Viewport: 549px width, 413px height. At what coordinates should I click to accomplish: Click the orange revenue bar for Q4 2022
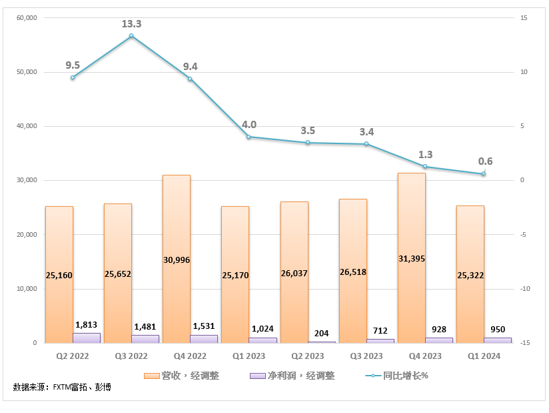click(x=177, y=259)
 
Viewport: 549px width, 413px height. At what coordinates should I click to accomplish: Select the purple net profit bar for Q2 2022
click(x=87, y=338)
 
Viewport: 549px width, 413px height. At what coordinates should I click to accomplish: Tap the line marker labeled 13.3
click(x=131, y=35)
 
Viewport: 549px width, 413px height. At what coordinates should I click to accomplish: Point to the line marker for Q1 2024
click(x=484, y=173)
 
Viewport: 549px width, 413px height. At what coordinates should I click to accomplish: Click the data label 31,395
click(x=412, y=259)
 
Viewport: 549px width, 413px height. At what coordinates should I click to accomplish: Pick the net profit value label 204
click(x=321, y=333)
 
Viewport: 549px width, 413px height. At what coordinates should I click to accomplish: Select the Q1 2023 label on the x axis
click(x=249, y=356)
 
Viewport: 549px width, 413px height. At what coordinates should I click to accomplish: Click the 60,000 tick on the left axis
click(x=27, y=18)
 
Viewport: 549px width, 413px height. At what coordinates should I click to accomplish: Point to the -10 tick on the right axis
click(x=525, y=289)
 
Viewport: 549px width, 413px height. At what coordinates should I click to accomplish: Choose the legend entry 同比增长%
click(x=396, y=376)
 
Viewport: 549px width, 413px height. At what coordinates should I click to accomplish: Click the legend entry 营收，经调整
click(x=182, y=376)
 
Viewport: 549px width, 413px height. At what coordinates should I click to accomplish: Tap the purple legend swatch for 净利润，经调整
click(x=258, y=376)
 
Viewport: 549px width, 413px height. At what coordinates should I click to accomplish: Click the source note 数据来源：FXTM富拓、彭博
click(x=62, y=387)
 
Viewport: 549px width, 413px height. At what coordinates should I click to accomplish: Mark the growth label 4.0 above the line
click(x=249, y=125)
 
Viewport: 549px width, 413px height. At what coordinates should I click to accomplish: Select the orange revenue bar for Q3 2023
click(x=353, y=271)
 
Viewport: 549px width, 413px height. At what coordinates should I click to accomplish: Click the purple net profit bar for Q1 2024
click(x=498, y=340)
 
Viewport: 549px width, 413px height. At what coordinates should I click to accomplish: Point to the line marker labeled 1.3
click(x=425, y=166)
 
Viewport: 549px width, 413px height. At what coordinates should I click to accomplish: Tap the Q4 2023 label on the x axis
click(x=425, y=356)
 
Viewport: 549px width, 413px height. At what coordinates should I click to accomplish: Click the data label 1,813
click(x=87, y=325)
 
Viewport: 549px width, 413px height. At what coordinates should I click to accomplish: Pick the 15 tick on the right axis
click(x=524, y=18)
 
